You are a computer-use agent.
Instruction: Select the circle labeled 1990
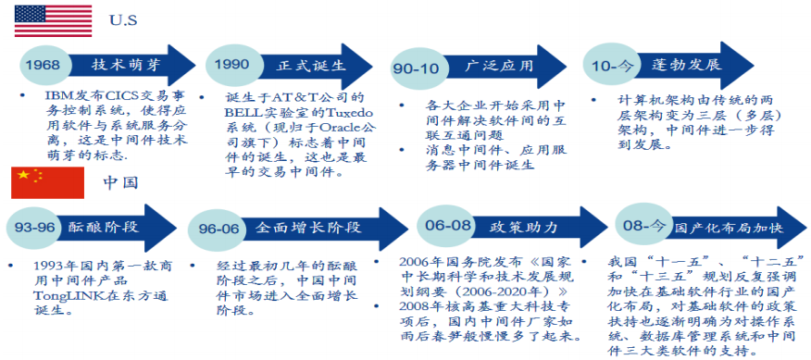pyautogui.click(x=231, y=65)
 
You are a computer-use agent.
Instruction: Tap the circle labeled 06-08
pyautogui.click(x=447, y=226)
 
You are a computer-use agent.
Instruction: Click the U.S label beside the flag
pyautogui.click(x=123, y=20)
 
